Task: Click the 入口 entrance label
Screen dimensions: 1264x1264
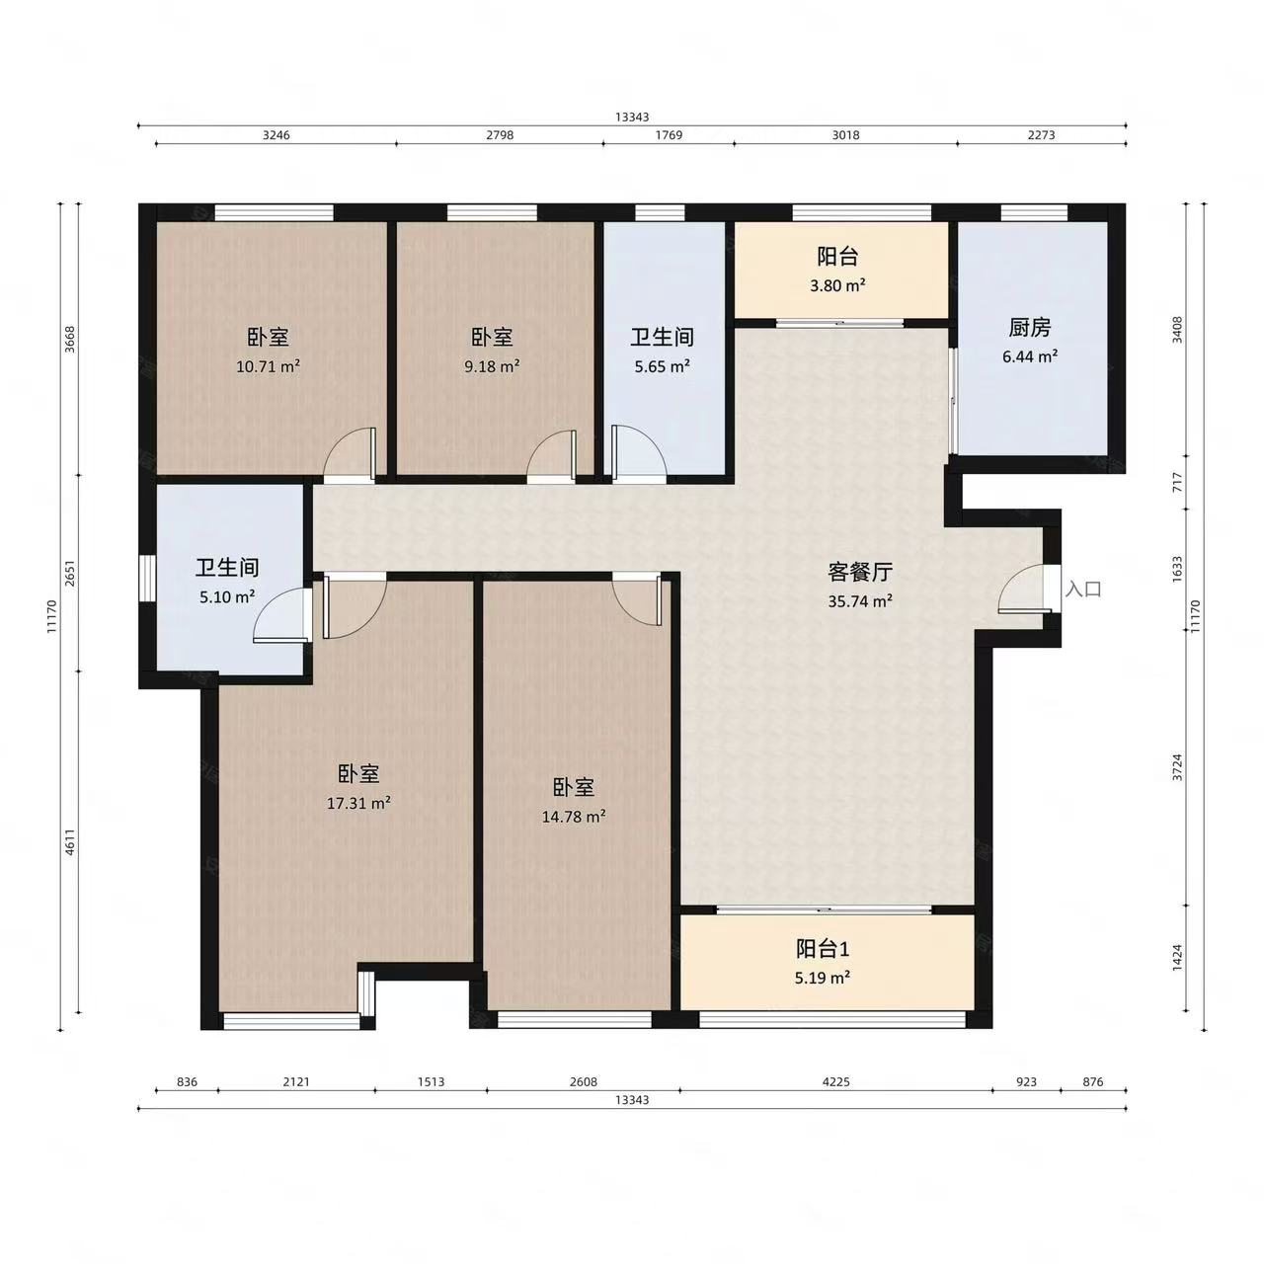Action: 1083,590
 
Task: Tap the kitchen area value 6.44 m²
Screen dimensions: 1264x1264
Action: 1030,356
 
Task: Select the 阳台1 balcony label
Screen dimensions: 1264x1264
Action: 823,949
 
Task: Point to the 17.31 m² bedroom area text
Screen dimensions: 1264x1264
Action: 358,803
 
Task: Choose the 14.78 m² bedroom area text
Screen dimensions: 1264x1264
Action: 574,817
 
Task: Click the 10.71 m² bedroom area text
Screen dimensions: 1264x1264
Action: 268,365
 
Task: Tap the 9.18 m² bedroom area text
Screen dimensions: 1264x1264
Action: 492,365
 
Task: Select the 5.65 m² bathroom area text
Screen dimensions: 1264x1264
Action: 662,365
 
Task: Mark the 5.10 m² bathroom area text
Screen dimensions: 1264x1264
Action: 227,596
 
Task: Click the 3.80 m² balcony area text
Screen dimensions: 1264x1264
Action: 837,285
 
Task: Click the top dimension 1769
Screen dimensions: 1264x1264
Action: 669,135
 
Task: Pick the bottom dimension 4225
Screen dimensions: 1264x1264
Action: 836,1081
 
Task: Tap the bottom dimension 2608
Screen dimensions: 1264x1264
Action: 584,1081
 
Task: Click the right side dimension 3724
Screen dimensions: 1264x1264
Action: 1177,767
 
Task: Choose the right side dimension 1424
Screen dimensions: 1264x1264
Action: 1177,958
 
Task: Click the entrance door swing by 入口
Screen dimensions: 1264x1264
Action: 1022,592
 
